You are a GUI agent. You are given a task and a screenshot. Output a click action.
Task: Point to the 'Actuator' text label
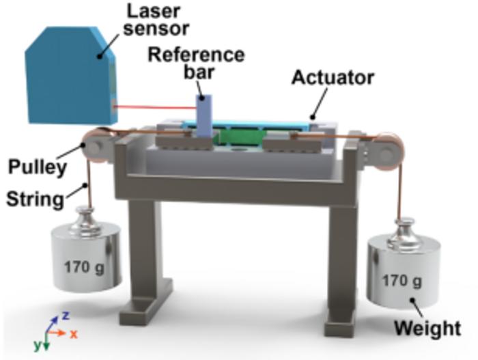pyautogui.click(x=333, y=78)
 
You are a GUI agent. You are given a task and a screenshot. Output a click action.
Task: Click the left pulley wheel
pyautogui.click(x=94, y=146)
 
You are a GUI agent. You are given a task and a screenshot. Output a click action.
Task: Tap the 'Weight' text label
pyautogui.click(x=426, y=328)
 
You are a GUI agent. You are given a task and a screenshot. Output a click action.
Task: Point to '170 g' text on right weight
pyautogui.click(x=401, y=279)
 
